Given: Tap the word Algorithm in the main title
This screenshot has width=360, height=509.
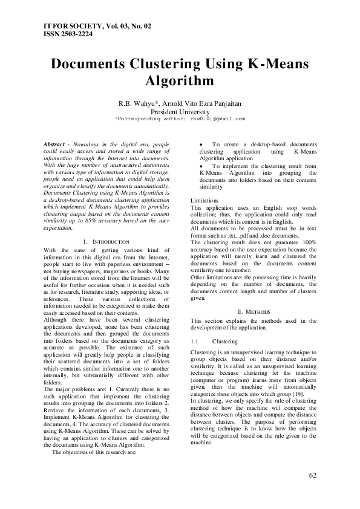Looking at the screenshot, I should [x=180, y=81].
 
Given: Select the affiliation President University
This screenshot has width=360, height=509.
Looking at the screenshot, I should [x=180, y=112].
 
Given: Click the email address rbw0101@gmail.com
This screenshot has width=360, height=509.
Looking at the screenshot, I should [x=215, y=119].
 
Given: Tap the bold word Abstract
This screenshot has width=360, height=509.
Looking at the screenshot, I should [x=57, y=145].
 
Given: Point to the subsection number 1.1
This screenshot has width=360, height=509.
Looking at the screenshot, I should [x=195, y=341].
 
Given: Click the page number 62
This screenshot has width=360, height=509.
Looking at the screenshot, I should [x=312, y=475].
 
